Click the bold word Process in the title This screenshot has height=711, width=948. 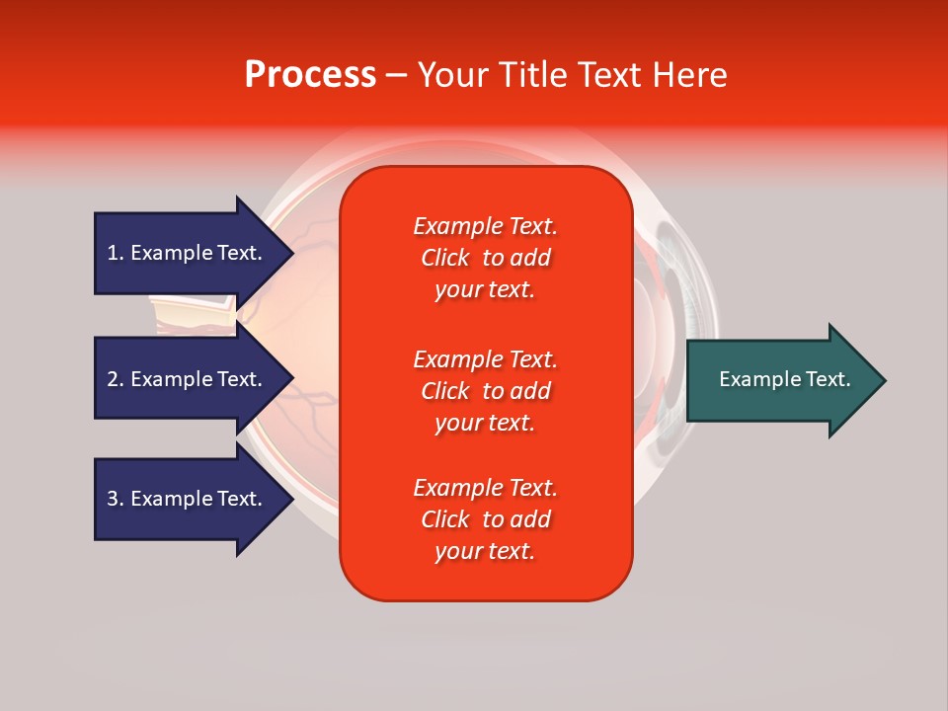coord(310,75)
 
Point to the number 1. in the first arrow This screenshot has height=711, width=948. coord(116,253)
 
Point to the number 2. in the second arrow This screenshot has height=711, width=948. coord(116,379)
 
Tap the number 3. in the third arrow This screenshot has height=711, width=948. coord(116,499)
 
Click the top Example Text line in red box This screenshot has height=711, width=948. coord(485,226)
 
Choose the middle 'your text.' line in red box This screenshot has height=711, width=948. coord(485,423)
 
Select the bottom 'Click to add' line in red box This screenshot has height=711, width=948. coord(485,519)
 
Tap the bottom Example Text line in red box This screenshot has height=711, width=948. coord(485,488)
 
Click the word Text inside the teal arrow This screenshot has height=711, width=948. coord(828,379)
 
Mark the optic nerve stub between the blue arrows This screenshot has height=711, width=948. coord(193,315)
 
